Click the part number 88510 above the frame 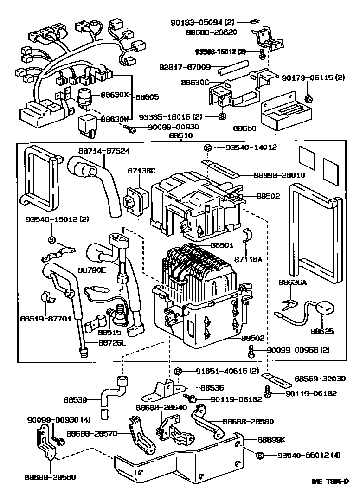pos(181,135)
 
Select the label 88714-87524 pos(103,151)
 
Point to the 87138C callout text pos(139,171)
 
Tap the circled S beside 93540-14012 pos(208,148)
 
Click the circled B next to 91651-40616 pos(177,371)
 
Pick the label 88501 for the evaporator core pos(221,244)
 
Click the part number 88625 pos(322,332)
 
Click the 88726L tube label pos(112,343)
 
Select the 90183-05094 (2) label pos(209,21)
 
